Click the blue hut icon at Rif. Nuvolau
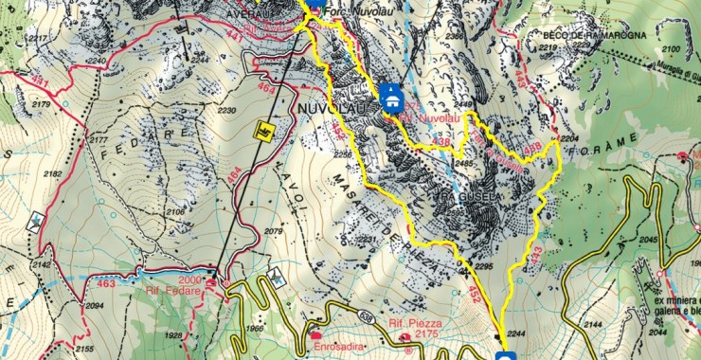[x=391, y=96]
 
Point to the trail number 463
[x=105, y=282]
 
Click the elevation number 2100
[x=670, y=48]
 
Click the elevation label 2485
[x=464, y=164]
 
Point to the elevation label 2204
[x=568, y=138]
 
